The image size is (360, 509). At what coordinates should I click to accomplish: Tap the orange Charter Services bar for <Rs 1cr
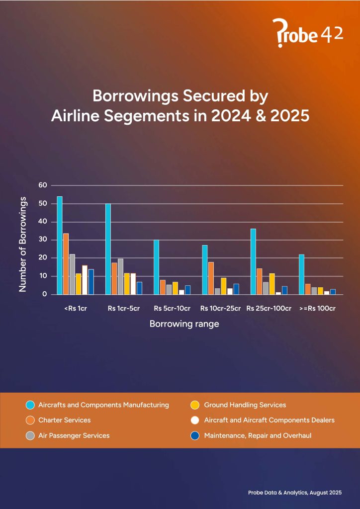(66, 263)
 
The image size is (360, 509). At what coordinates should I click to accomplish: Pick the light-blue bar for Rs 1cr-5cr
(108, 249)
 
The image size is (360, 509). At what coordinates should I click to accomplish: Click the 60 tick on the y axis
(42, 185)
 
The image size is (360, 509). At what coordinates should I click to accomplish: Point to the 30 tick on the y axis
(42, 240)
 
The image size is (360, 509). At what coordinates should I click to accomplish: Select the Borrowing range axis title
(184, 324)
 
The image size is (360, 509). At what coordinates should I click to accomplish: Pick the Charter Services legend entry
(64, 420)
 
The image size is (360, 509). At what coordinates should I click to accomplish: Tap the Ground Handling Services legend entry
(245, 405)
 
